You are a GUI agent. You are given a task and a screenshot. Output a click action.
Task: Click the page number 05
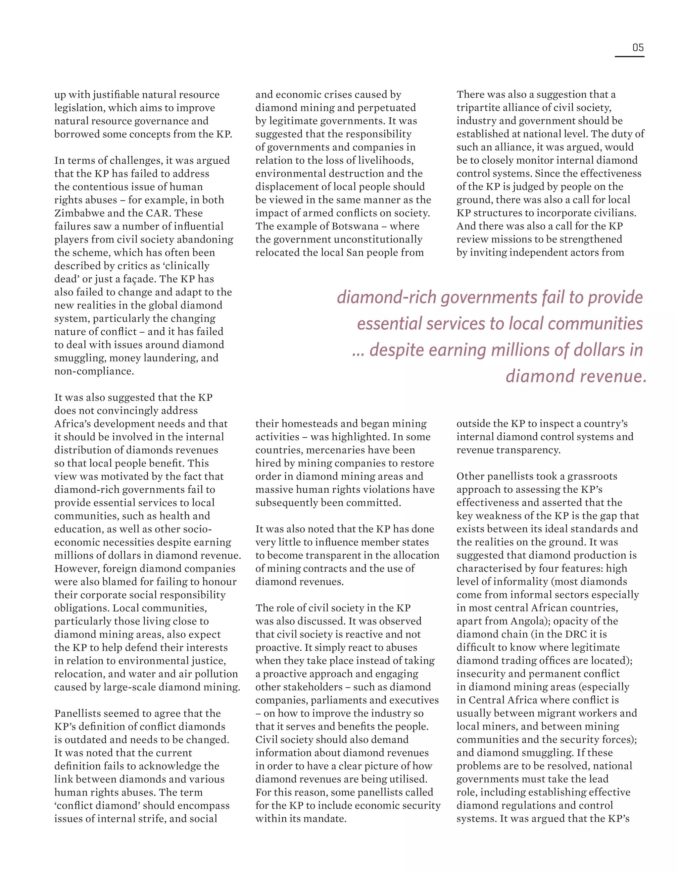tap(638, 48)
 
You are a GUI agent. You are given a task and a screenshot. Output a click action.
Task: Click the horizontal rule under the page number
tap(629, 57)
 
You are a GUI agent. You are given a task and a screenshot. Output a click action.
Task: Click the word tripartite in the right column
tap(476, 108)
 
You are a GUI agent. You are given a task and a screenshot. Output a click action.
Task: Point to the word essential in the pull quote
tap(389, 323)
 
